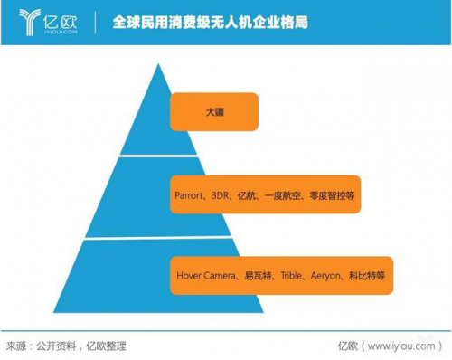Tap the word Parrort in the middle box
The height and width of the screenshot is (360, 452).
click(x=193, y=194)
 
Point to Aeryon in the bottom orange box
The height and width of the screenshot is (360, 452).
click(x=327, y=275)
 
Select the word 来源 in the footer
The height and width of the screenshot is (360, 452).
click(x=17, y=346)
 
